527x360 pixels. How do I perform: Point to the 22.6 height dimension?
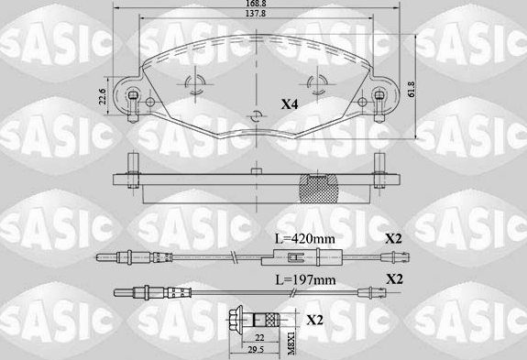[103, 96]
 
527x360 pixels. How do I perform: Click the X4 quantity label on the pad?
[290, 105]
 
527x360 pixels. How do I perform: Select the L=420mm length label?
[304, 238]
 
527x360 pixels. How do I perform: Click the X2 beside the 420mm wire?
[393, 238]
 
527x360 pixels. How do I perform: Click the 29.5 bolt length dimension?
[258, 350]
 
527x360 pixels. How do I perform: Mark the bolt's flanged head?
[236, 319]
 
